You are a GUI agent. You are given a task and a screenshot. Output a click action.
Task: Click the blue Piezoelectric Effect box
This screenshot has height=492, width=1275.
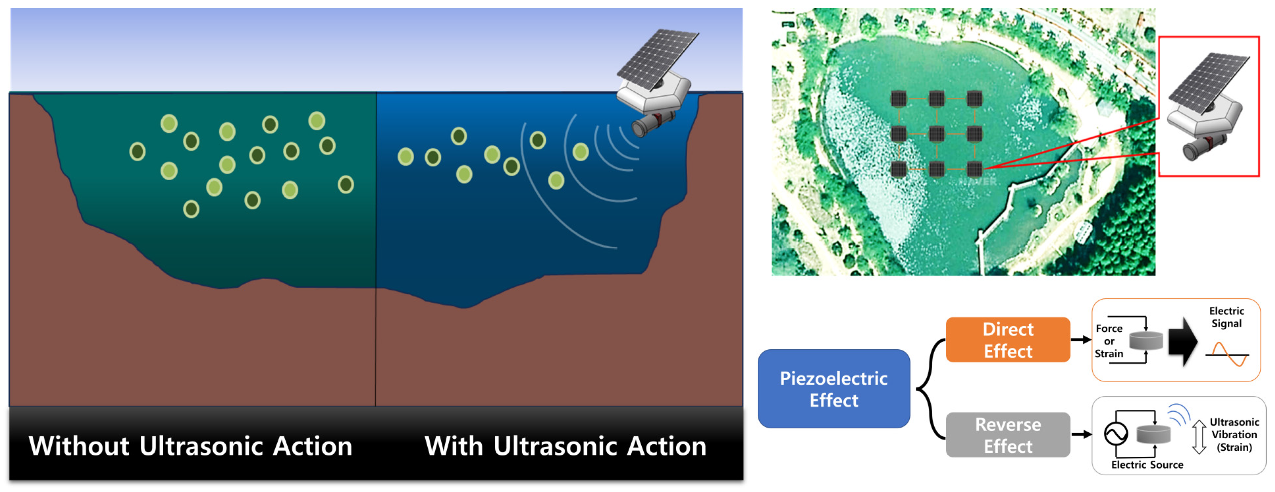click(x=833, y=389)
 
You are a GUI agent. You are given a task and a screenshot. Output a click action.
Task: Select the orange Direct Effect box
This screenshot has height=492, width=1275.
click(x=1008, y=340)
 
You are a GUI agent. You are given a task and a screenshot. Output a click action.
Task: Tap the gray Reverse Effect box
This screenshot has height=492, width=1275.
click(x=1008, y=435)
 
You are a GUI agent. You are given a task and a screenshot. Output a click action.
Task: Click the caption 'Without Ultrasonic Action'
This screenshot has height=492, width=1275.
click(x=190, y=446)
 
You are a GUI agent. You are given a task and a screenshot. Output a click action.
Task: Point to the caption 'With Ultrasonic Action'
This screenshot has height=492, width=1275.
click(x=565, y=446)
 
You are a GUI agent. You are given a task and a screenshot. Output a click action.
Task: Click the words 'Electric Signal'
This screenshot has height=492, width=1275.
click(x=1226, y=317)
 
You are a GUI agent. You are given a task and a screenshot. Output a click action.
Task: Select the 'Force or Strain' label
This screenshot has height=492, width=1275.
click(x=1109, y=341)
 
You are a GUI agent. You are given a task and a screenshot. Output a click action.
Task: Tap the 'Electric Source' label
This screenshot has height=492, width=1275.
click(x=1147, y=465)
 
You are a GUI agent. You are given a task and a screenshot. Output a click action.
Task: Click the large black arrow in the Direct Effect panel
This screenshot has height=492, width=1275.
click(x=1183, y=342)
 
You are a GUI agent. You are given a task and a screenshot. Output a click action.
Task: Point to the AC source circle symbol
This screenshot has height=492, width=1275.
click(x=1116, y=434)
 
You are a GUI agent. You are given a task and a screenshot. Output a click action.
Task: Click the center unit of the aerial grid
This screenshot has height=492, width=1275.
click(x=937, y=134)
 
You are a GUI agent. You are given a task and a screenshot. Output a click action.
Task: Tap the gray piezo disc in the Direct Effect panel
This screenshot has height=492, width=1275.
click(x=1146, y=341)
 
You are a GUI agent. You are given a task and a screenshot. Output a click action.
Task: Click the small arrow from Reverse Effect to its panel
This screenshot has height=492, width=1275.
click(x=1081, y=435)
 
